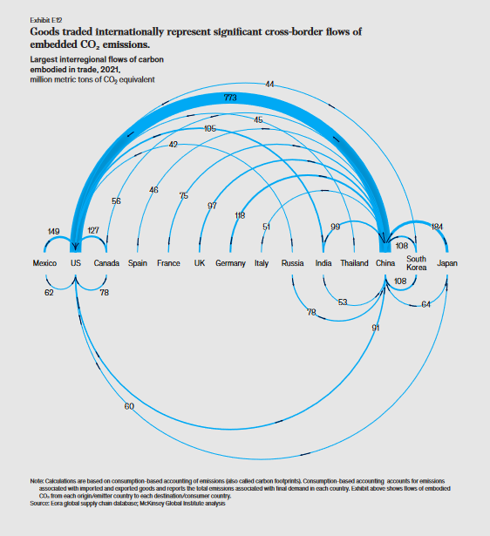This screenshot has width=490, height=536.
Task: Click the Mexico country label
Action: point(44,263)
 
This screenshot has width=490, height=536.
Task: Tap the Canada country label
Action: point(106,263)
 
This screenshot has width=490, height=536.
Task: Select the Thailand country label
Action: point(354,263)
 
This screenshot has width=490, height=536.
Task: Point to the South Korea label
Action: point(416,263)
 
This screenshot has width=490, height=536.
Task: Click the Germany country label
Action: point(230,263)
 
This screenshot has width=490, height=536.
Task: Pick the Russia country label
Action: point(292,263)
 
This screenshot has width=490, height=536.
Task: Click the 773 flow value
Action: point(230,98)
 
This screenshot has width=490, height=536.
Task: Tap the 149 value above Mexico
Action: point(53,232)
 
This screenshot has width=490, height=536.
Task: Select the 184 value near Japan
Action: point(437,227)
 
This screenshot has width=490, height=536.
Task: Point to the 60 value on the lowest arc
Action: point(129,406)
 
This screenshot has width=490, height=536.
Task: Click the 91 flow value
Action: point(376,328)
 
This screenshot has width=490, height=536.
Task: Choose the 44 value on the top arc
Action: point(269,84)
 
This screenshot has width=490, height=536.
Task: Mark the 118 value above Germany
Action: point(240,215)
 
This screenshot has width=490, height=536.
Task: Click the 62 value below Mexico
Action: point(49,293)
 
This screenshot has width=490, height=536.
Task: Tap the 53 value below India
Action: point(343,302)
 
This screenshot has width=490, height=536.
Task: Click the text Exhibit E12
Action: point(46,20)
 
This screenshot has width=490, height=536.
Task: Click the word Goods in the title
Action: point(43,31)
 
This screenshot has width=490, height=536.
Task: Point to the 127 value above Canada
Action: point(93,230)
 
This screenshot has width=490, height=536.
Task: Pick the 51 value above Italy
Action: point(266,227)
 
